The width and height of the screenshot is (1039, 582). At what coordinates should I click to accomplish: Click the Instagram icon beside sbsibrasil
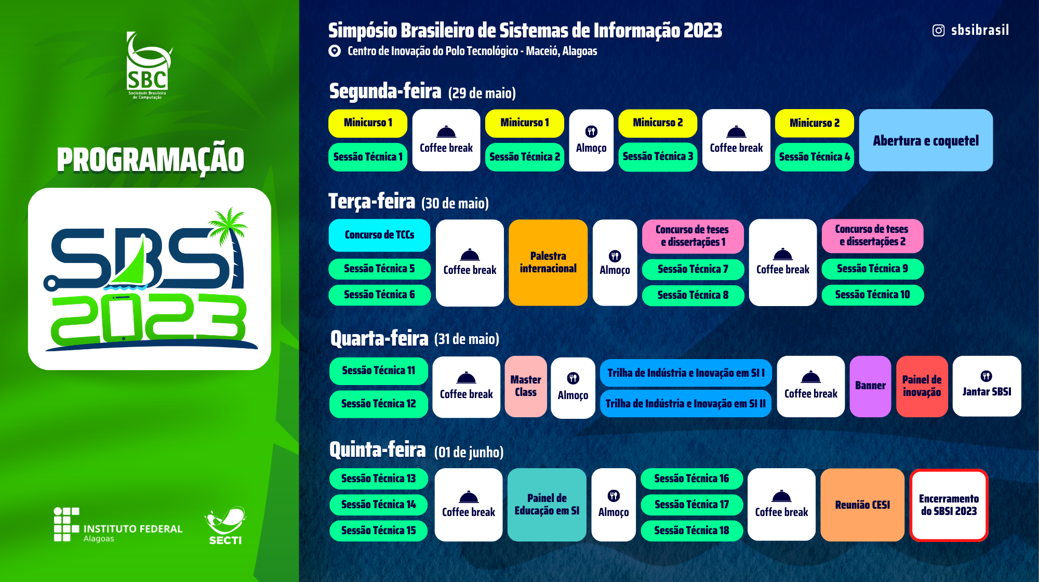tap(938, 31)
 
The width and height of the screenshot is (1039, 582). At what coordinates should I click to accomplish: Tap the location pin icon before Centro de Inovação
tap(335, 51)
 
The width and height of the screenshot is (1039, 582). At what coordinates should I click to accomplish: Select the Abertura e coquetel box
tap(926, 140)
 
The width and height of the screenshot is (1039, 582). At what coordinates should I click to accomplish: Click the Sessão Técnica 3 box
tap(658, 156)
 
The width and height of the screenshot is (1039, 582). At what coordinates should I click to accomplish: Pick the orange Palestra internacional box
tap(548, 262)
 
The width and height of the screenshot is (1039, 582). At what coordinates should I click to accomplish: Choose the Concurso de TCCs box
tap(379, 235)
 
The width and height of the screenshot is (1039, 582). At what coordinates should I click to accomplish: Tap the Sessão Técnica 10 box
tap(873, 295)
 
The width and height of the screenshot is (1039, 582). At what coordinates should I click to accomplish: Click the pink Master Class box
tap(526, 386)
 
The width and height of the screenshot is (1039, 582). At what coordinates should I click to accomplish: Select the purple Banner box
tap(870, 386)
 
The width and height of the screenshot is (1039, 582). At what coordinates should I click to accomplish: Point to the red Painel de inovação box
tap(922, 386)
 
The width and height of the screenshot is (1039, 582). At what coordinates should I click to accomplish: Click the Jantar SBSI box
tap(987, 386)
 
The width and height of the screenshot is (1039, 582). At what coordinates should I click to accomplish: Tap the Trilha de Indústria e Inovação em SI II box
tap(686, 404)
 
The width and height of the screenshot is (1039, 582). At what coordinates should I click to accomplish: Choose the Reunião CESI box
tap(862, 505)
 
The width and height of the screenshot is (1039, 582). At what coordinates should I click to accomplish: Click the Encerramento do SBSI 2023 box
tap(949, 505)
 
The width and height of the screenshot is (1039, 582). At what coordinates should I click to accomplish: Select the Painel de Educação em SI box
tap(547, 505)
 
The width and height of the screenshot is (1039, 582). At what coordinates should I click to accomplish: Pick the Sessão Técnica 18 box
tap(691, 531)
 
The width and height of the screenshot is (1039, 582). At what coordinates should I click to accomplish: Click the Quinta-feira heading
tap(378, 449)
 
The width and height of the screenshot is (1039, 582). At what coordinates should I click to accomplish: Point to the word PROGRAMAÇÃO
tap(150, 160)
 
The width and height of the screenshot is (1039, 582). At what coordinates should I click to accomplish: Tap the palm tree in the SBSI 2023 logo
tap(231, 244)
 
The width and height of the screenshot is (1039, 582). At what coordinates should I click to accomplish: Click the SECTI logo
tap(225, 526)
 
